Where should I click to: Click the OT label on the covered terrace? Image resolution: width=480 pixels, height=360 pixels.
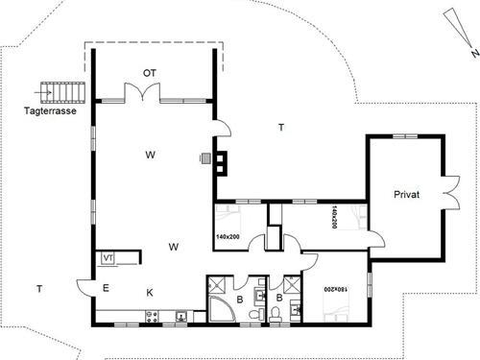coord(150,73)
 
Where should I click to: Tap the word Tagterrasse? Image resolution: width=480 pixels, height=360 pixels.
coord(50,111)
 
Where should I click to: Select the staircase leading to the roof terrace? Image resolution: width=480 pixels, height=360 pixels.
coord(63,92)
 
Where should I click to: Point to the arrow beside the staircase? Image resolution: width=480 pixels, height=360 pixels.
coord(43,93)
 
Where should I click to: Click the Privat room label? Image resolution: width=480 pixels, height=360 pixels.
coord(406,194)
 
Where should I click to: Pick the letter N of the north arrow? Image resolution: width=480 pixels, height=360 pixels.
coord(475,53)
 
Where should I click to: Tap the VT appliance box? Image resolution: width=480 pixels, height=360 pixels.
coord(108,258)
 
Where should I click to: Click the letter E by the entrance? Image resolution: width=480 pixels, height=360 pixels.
coord(106,288)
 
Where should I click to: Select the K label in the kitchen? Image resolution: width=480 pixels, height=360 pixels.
coord(150,293)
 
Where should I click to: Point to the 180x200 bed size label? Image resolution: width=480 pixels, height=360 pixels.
coord(335,289)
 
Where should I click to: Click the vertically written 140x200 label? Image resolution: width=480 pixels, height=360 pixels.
coord(334,217)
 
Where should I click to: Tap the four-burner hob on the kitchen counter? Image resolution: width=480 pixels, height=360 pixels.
coord(152,316)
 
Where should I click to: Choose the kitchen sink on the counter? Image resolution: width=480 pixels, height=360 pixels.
coord(181,316)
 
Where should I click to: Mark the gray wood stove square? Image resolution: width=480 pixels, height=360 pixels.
coord(205,158)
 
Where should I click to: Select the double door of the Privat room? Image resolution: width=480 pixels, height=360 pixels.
coord(451,193)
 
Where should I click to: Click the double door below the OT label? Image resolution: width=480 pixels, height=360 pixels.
coord(142,92)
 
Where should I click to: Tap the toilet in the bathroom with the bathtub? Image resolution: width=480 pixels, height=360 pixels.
coord(254,315)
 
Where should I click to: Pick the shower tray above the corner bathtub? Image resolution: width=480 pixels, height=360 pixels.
coord(217,285)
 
